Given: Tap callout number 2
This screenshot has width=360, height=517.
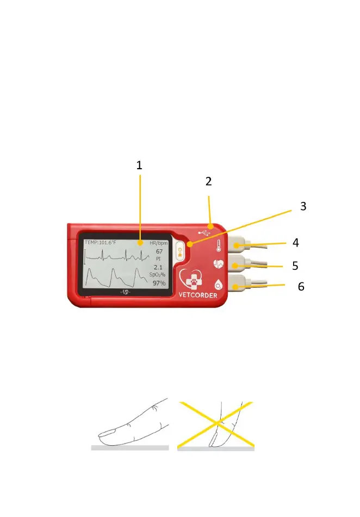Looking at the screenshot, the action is (209, 182).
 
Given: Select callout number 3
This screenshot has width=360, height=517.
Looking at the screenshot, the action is (303, 206).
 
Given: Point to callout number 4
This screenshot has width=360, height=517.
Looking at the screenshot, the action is (296, 242).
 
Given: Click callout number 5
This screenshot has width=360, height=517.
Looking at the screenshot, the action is (295, 266).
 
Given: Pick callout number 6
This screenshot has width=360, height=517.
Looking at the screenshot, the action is (301, 286).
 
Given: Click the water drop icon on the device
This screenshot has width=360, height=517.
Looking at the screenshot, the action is (218, 284).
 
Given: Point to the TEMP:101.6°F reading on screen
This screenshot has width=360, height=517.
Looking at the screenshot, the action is (101, 242).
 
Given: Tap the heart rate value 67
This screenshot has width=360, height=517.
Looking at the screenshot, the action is (159, 252).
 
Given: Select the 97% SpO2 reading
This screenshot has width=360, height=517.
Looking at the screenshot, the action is (159, 283).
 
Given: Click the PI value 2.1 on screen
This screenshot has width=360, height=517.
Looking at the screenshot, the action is (158, 267).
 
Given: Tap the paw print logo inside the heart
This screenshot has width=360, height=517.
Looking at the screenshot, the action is (195, 279).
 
